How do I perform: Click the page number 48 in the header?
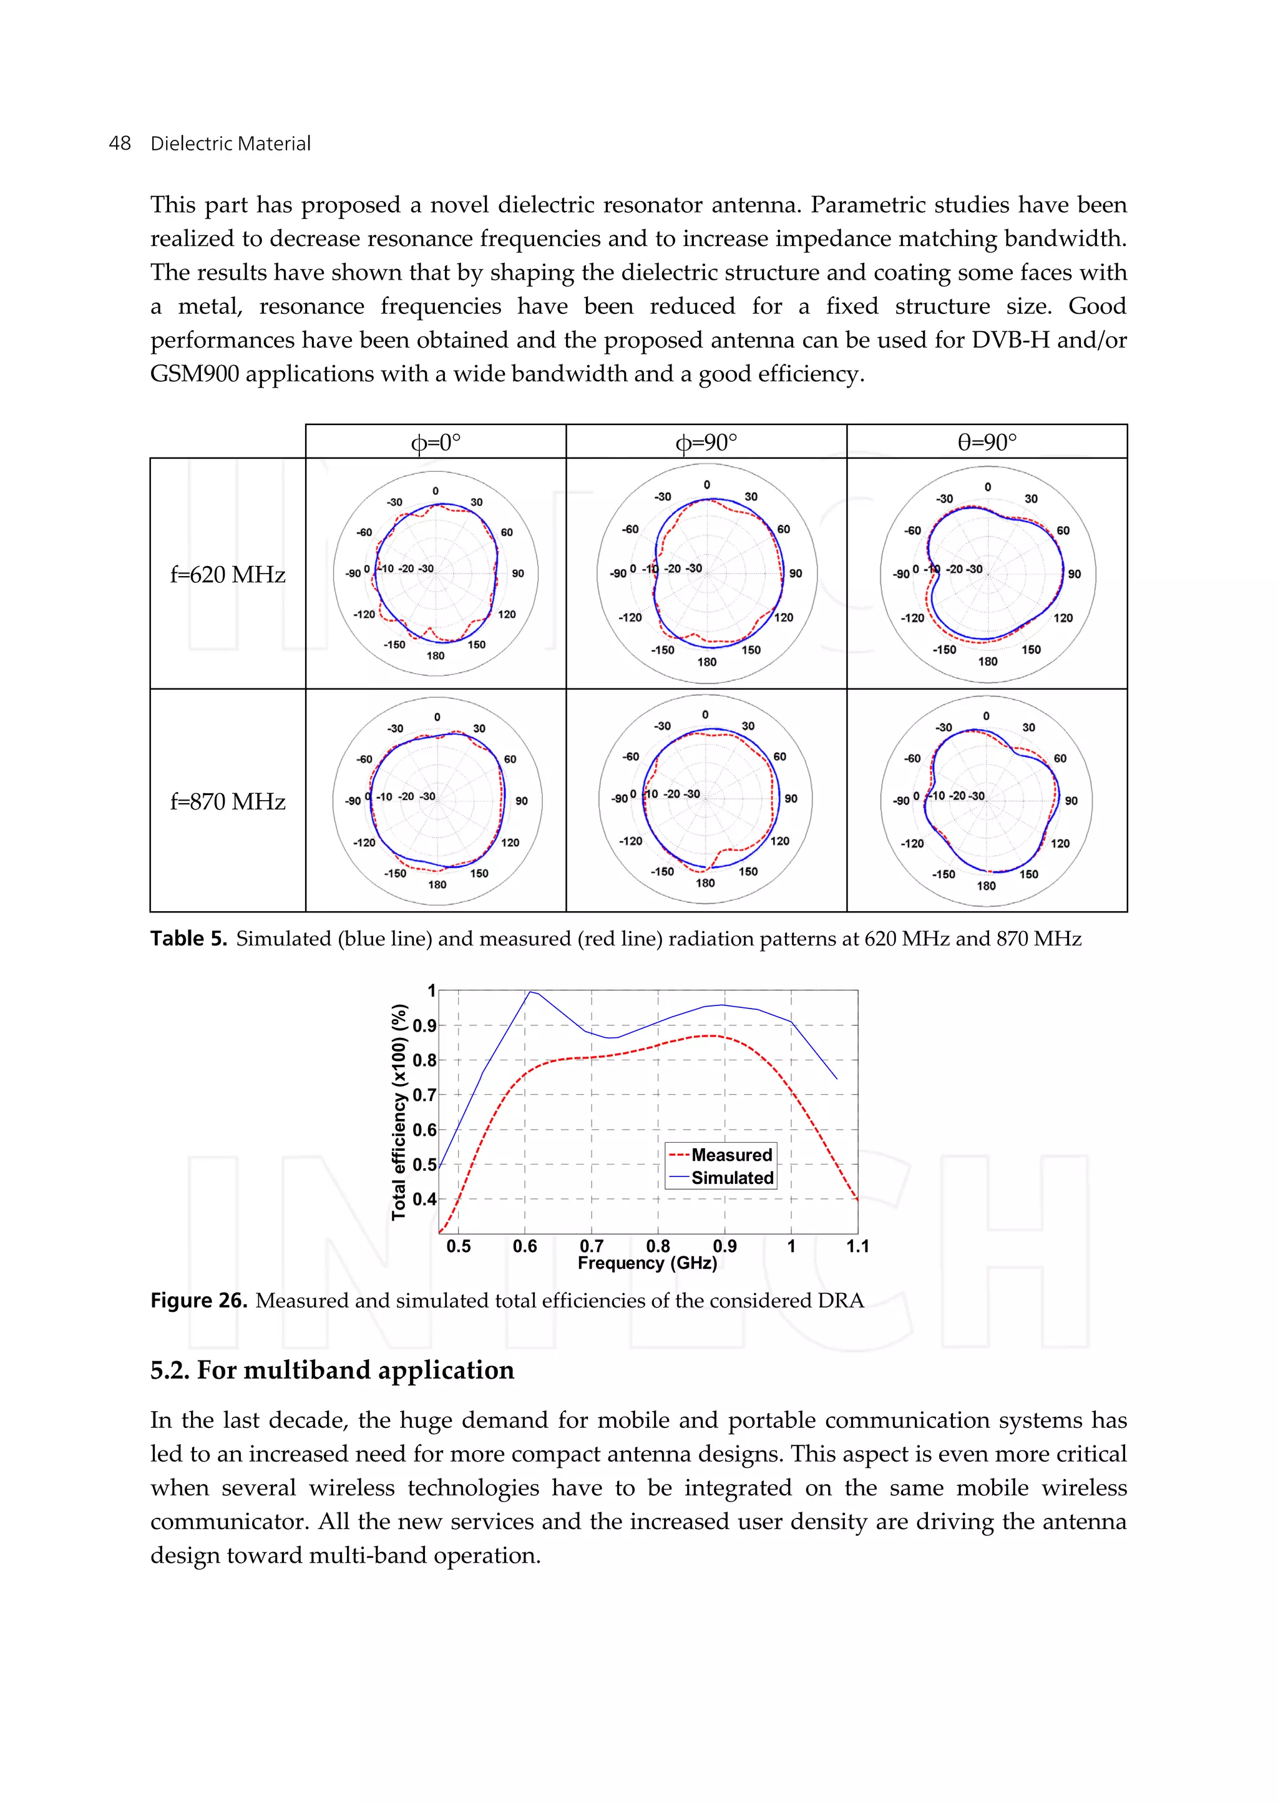[x=120, y=144]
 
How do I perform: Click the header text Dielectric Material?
[x=230, y=144]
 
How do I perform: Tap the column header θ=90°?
[x=987, y=442]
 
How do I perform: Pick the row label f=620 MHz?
[x=227, y=575]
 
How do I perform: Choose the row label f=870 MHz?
[x=227, y=801]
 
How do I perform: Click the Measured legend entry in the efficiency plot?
[x=731, y=1155]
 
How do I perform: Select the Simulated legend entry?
[x=732, y=1177]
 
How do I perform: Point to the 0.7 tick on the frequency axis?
[x=591, y=1246]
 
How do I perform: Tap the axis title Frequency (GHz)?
[x=647, y=1263]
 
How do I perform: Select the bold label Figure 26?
[x=198, y=1300]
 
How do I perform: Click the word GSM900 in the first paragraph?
[x=194, y=373]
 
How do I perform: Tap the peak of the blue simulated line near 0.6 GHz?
[x=531, y=992]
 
